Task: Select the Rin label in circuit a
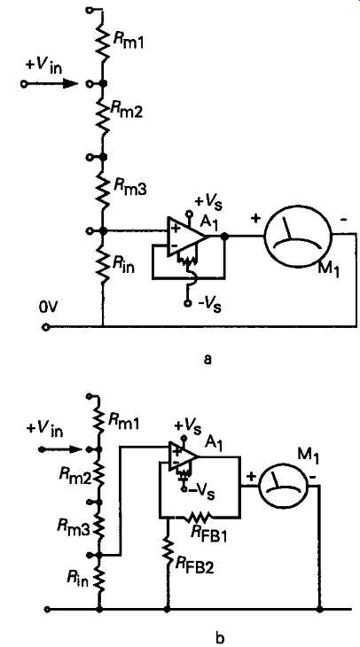(x=123, y=267)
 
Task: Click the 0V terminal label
(x=47, y=308)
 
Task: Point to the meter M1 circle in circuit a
(x=298, y=234)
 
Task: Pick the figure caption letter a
(x=207, y=360)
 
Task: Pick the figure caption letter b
(x=220, y=638)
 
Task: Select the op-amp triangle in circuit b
(x=184, y=458)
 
